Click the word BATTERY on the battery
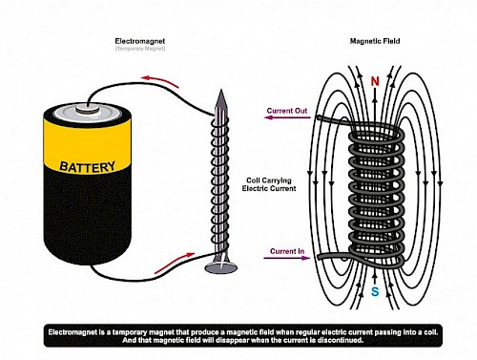87,168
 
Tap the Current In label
287,250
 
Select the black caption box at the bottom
238,334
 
